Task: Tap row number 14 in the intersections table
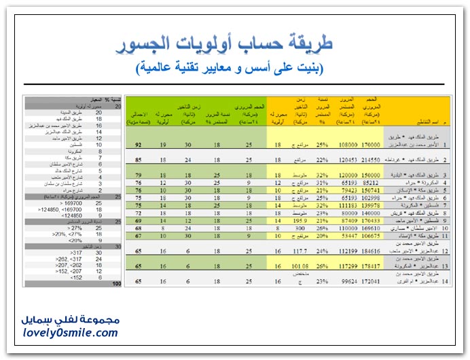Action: [446, 280]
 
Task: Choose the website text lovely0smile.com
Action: [69, 333]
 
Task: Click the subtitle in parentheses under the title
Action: [230, 68]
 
